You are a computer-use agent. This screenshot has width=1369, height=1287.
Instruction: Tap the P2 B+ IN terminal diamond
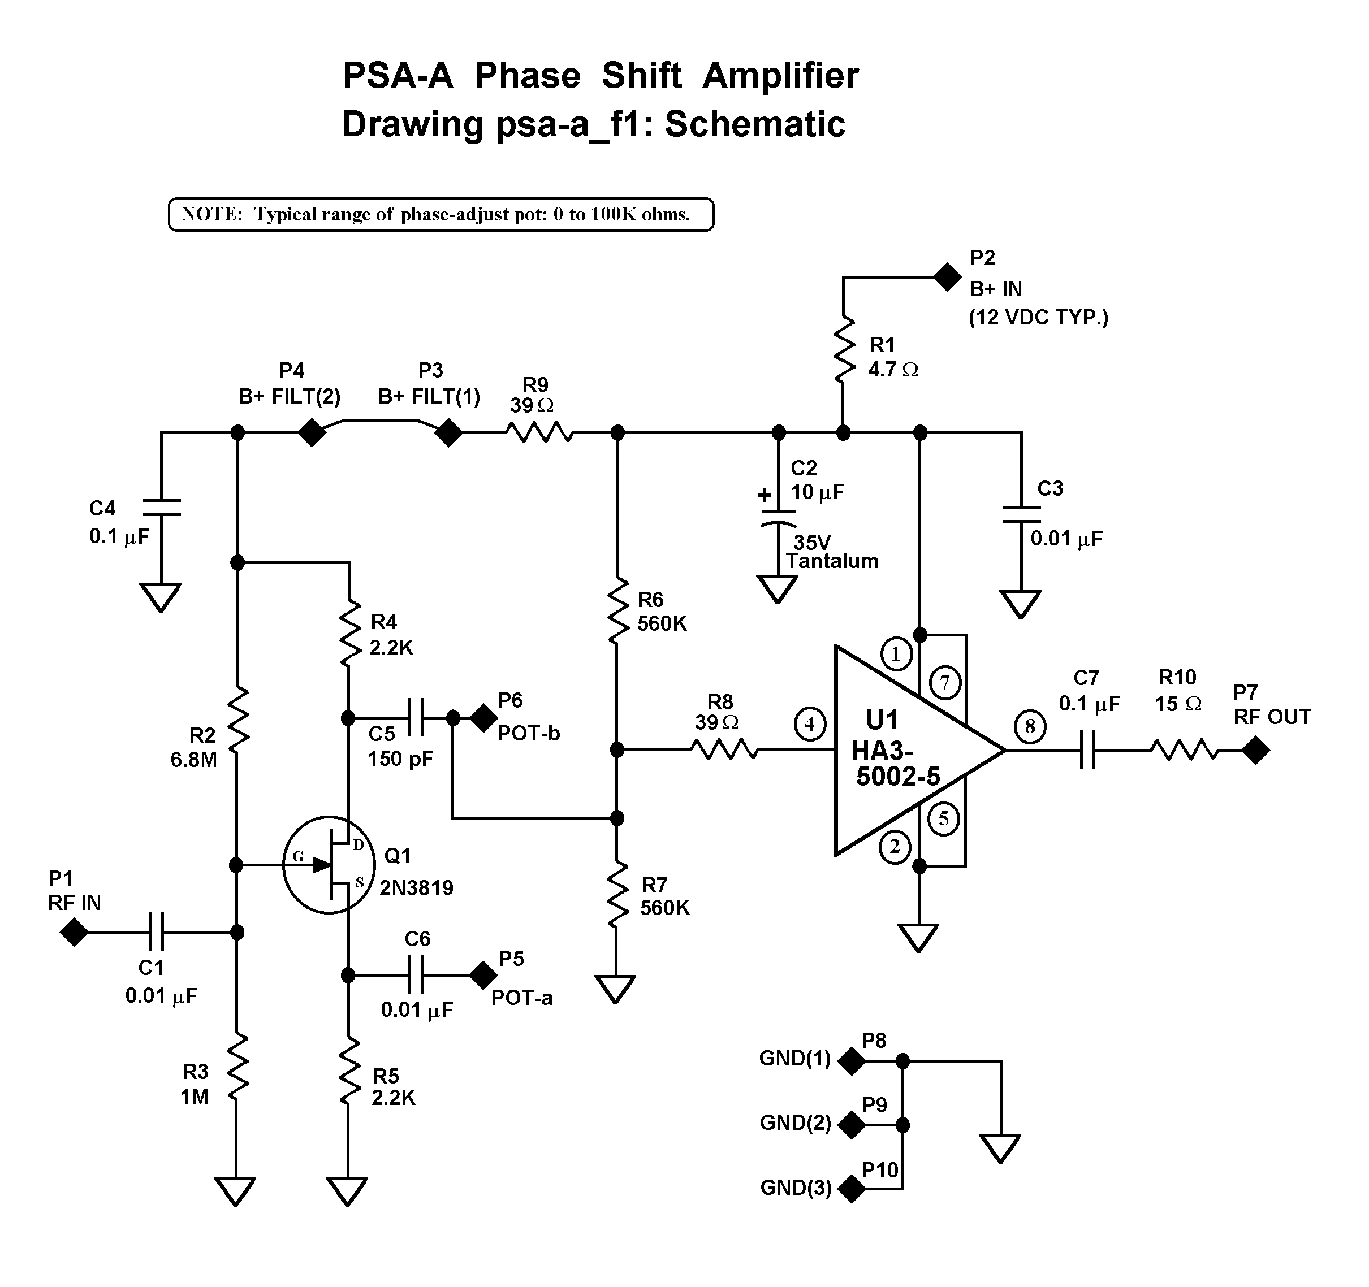948,278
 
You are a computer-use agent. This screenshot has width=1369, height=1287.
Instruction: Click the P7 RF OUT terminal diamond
1255,750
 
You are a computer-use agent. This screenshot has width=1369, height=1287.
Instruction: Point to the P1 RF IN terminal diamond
74,933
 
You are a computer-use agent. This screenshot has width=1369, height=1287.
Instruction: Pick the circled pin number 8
1030,726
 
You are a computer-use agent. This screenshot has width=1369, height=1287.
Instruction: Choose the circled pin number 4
809,723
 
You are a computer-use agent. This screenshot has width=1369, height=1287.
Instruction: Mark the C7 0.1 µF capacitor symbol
1087,750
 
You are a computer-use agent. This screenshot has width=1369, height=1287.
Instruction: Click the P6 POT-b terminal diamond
484,718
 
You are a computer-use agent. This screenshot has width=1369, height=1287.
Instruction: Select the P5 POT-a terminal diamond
483,974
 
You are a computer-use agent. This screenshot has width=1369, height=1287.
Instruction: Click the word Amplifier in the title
780,76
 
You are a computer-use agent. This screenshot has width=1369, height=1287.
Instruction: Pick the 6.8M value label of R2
193,760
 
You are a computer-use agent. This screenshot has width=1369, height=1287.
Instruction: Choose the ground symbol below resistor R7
615,989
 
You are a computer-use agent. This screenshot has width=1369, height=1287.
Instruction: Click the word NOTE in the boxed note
211,215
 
